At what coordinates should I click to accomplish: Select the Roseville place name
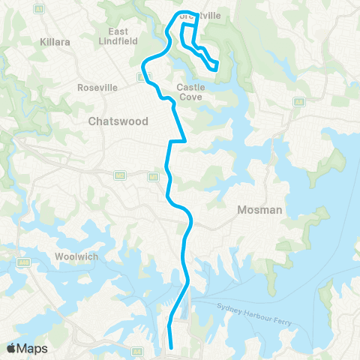tap(97, 87)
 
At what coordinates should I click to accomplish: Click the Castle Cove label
tap(191, 91)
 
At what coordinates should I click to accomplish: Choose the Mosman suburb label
tap(259, 210)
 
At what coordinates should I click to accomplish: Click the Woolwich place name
tap(75, 256)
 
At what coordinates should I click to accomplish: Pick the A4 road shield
tap(137, 351)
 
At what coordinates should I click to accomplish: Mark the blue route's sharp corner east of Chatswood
tap(184, 140)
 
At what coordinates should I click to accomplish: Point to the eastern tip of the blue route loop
tap(217, 66)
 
